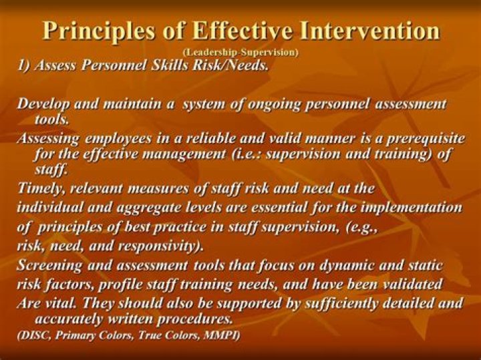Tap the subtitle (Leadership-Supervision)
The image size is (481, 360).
point(240,51)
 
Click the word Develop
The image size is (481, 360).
point(43,104)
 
